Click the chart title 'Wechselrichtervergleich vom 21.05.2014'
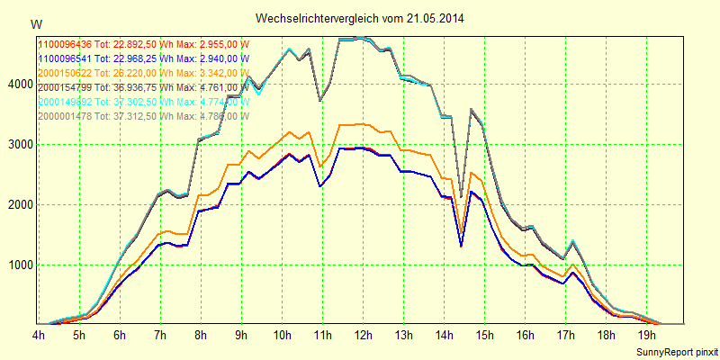tap(360, 18)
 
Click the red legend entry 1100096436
tap(143, 44)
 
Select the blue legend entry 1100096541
tap(143, 58)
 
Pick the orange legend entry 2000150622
tap(143, 73)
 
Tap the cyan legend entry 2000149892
tap(143, 102)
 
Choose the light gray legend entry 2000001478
tap(143, 116)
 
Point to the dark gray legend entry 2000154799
tap(143, 87)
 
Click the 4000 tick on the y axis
tap(20, 85)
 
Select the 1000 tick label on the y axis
tap(20, 265)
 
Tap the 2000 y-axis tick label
tap(20, 205)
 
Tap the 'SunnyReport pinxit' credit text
tap(677, 350)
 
